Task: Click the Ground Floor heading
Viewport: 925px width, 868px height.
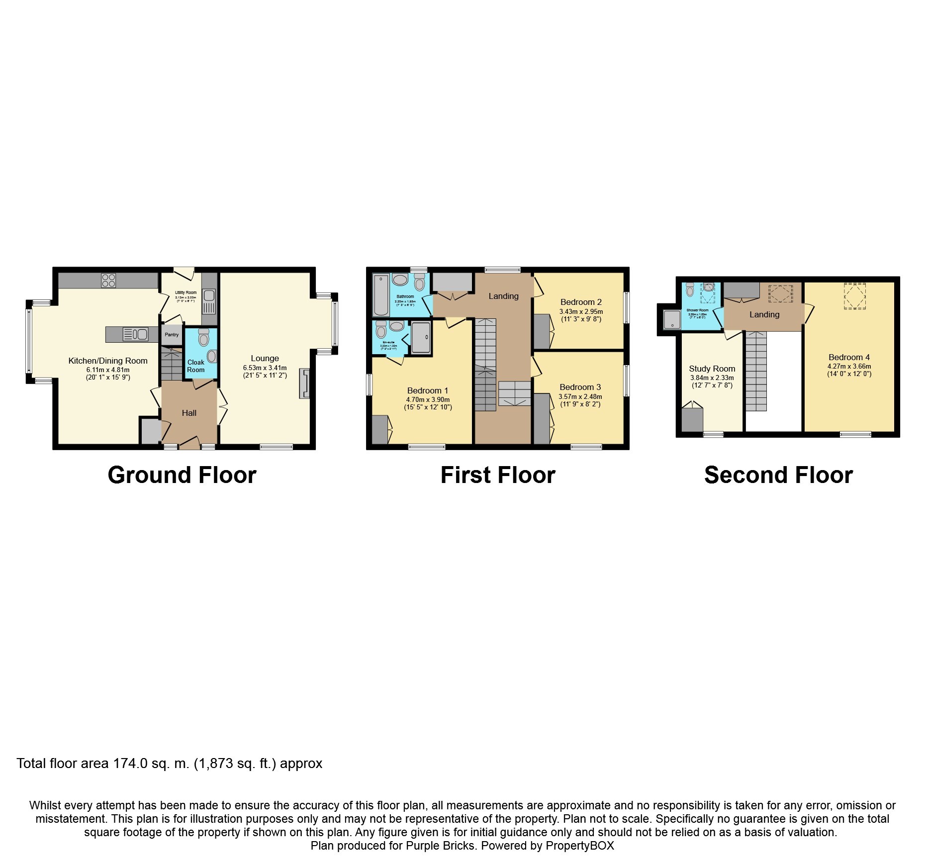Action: click(182, 475)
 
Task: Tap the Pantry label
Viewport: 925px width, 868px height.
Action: click(172, 335)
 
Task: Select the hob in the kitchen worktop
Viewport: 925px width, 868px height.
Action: click(108, 281)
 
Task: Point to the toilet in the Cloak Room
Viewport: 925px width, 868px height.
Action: click(203, 338)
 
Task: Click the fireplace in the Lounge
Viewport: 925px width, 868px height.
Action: click(304, 384)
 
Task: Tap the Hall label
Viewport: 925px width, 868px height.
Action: click(189, 413)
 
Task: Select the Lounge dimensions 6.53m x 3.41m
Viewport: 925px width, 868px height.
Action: click(265, 368)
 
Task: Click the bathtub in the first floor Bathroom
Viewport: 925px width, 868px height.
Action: click(381, 294)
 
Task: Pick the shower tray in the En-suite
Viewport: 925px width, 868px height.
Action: click(421, 338)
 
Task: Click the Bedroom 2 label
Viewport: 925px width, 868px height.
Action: click(581, 302)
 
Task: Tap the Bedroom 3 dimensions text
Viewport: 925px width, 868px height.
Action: click(580, 400)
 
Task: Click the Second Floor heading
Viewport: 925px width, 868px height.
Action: click(778, 475)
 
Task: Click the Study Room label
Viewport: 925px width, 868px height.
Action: click(712, 369)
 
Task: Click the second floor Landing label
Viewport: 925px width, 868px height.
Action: click(764, 314)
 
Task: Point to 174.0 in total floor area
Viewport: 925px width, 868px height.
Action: click(130, 763)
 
